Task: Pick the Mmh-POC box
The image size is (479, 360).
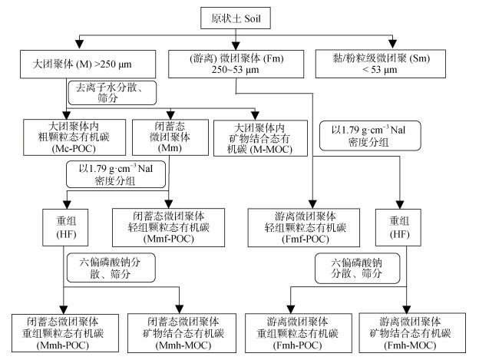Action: [63, 332]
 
